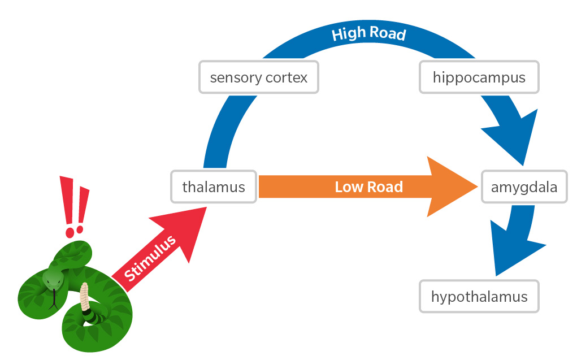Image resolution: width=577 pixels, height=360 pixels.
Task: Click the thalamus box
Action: pos(214,186)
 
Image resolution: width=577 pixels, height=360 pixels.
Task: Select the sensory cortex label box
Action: pos(258,77)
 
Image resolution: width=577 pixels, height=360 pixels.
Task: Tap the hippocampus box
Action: pos(479,77)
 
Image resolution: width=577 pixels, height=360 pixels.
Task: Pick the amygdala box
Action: pos(524,186)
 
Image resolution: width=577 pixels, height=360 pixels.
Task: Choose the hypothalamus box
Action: pos(479,296)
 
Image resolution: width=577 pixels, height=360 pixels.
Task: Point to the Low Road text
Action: pos(368,186)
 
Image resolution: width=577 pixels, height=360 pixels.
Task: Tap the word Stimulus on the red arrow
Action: pos(150,258)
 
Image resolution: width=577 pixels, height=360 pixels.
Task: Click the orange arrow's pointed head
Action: pos(452,186)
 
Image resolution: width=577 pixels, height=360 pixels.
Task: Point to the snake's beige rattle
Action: pos(85,297)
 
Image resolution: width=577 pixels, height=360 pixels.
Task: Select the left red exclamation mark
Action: pos(68,203)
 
